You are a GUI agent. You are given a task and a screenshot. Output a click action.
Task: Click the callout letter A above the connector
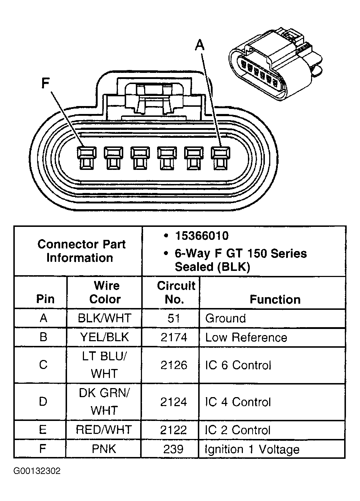click(x=199, y=46)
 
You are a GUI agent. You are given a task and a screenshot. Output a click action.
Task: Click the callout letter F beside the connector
click(x=45, y=83)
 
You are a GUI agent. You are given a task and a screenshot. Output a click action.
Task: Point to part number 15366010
click(x=201, y=236)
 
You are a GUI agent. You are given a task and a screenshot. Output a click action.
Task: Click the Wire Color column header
click(x=105, y=292)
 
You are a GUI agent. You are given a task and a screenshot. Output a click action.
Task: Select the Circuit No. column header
click(x=175, y=292)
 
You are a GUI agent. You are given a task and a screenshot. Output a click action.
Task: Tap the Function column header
click(x=275, y=299)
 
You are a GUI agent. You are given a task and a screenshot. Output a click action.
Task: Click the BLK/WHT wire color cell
click(x=105, y=318)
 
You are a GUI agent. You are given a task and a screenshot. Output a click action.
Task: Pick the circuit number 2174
click(x=174, y=337)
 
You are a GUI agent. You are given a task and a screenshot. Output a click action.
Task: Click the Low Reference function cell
click(x=246, y=338)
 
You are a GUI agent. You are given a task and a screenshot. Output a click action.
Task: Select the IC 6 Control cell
click(x=238, y=365)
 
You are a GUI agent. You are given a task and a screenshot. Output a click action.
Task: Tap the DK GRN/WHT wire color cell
click(x=105, y=401)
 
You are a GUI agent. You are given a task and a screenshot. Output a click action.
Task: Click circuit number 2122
click(x=174, y=430)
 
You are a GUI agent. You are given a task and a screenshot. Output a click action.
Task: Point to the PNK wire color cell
click(x=105, y=449)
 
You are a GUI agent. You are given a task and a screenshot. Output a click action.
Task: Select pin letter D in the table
click(x=43, y=401)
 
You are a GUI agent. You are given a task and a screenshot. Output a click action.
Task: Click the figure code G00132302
click(x=37, y=471)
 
